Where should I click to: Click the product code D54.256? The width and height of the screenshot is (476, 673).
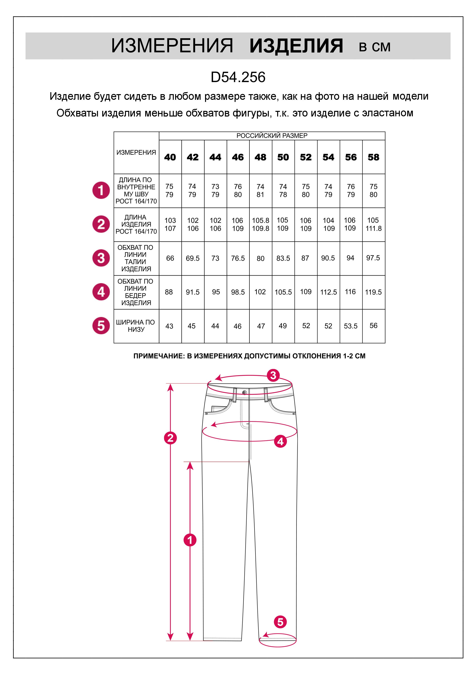pyautogui.click(x=238, y=77)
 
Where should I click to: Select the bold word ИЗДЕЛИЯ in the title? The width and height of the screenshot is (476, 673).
pyautogui.click(x=296, y=46)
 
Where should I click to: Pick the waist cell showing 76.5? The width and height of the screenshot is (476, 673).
pyautogui.click(x=238, y=258)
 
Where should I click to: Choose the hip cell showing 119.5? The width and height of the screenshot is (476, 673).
pyautogui.click(x=373, y=292)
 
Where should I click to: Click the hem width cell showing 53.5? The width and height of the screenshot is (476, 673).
pyautogui.click(x=351, y=326)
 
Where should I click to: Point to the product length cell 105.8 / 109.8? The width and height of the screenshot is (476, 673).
pyautogui.click(x=260, y=224)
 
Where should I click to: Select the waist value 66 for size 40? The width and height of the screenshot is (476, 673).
pyautogui.click(x=170, y=258)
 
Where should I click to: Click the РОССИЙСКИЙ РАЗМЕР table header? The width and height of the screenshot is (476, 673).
pyautogui.click(x=272, y=136)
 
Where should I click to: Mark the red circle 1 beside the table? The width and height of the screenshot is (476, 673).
pyautogui.click(x=101, y=191)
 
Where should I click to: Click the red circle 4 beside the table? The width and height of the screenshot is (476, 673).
pyautogui.click(x=101, y=292)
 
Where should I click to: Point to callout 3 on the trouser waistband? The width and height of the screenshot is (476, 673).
pyautogui.click(x=273, y=375)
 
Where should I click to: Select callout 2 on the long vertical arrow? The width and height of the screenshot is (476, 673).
pyautogui.click(x=170, y=438)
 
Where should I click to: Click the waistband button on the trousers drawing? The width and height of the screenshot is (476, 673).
pyautogui.click(x=245, y=392)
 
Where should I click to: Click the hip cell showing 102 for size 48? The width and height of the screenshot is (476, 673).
pyautogui.click(x=260, y=292)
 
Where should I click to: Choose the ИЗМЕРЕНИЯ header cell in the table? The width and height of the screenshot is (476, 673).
pyautogui.click(x=136, y=152)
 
